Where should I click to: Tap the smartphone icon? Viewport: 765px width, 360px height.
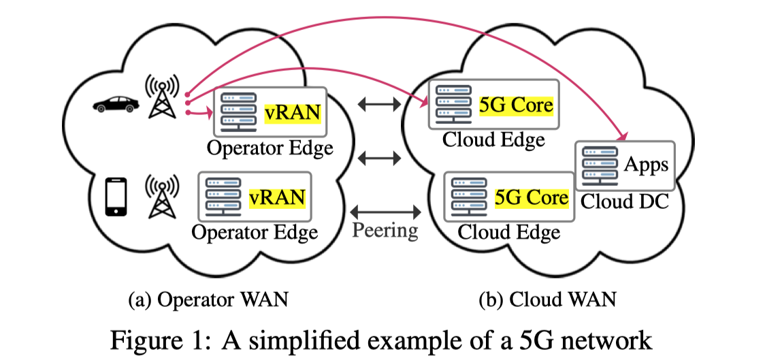point(116,197)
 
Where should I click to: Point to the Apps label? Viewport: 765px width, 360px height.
point(646,165)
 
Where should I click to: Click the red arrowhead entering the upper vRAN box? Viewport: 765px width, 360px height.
point(208,114)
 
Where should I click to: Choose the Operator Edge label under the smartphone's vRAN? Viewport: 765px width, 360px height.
point(255,232)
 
